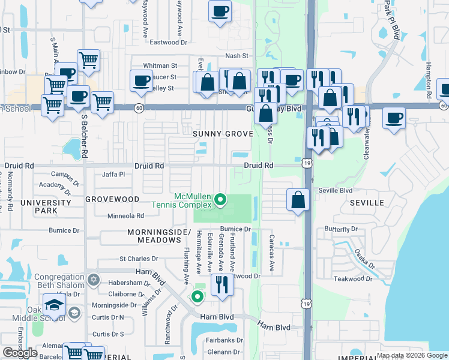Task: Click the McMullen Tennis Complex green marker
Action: click(220, 199)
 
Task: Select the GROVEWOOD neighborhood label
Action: click(112, 199)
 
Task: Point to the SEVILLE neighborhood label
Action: click(367, 203)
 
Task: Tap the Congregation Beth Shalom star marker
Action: click(93, 280)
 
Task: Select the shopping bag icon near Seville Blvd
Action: click(298, 199)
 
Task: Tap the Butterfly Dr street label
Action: click(340, 229)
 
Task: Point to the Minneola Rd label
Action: click(125, 215)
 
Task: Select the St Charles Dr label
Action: click(139, 259)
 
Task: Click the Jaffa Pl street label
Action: click(113, 175)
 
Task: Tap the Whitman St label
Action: click(160, 65)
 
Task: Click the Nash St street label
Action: click(237, 55)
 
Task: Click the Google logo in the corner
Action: click(20, 353)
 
